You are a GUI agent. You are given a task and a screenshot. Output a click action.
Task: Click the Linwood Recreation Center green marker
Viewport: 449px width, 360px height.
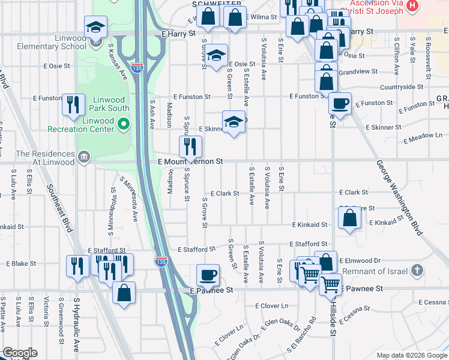tap(124, 124)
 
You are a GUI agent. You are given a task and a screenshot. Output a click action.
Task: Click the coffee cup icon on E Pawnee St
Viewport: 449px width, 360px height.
tap(208, 275)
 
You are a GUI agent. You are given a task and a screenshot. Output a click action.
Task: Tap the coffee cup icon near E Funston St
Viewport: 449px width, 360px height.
tap(340, 103)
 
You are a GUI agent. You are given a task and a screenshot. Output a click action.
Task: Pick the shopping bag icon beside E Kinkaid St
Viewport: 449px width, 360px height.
tap(349, 219)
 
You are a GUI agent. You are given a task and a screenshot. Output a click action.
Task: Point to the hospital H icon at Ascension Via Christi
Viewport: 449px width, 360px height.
tap(412, 5)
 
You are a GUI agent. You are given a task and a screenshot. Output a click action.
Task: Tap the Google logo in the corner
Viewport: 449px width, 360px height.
tap(20, 353)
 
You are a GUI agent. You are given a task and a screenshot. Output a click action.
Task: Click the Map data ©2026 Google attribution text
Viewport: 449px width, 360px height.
tap(412, 355)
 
